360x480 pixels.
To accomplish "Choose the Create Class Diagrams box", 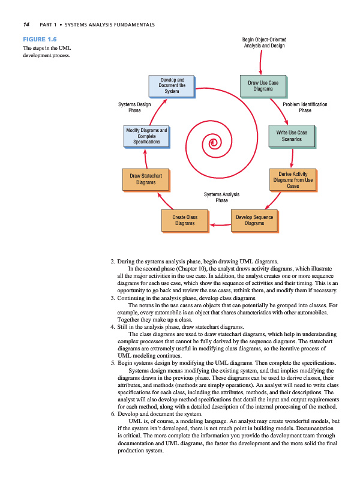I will (184, 220).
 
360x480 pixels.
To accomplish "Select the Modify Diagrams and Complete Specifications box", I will (146, 136).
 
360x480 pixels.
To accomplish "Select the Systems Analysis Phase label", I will (221, 197).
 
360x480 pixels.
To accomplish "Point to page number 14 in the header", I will (26, 24).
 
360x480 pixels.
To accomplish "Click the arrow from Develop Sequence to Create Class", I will (219, 226).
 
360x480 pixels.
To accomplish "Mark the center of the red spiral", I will (213, 142).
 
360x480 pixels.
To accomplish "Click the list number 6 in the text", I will (113, 414).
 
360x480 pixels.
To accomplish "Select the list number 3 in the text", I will (113, 298).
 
